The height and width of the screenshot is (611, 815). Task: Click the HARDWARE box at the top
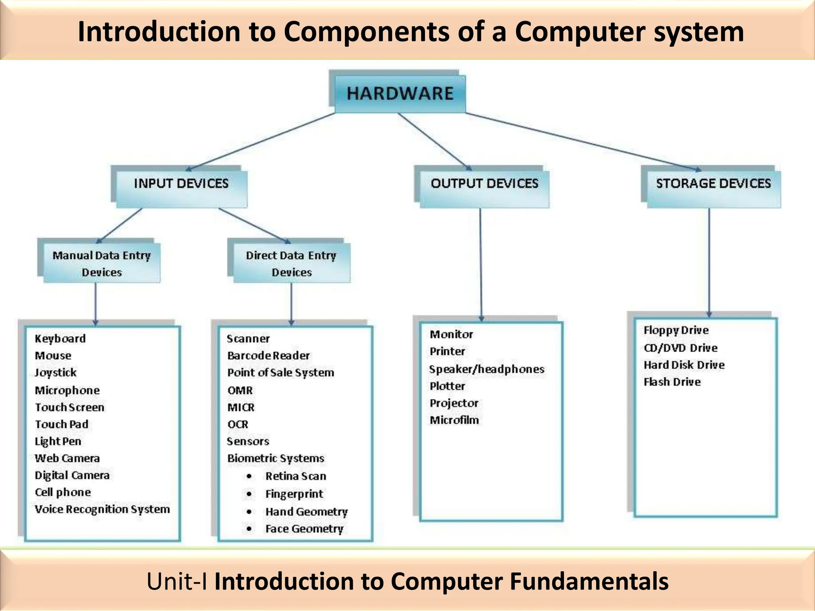[x=400, y=93]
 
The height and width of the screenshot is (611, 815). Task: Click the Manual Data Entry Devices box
[x=101, y=263]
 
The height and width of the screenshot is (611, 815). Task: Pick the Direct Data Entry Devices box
[x=291, y=263]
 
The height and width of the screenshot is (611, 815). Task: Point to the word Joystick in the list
[x=55, y=373]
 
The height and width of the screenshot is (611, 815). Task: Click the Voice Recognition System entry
[x=102, y=509]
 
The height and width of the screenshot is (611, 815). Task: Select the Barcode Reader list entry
[x=268, y=356]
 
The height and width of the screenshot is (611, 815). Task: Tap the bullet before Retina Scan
[x=249, y=476]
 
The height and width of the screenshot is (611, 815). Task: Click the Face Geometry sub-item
[x=304, y=529]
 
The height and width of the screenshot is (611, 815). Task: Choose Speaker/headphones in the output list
[x=486, y=369]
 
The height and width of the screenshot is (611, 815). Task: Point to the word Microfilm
[x=454, y=420]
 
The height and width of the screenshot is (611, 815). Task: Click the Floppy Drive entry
[x=676, y=330]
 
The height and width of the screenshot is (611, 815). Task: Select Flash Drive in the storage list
[x=672, y=382]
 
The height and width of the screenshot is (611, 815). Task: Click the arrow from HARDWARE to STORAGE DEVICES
[x=581, y=141]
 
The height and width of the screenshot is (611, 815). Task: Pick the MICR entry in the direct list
[x=241, y=407]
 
